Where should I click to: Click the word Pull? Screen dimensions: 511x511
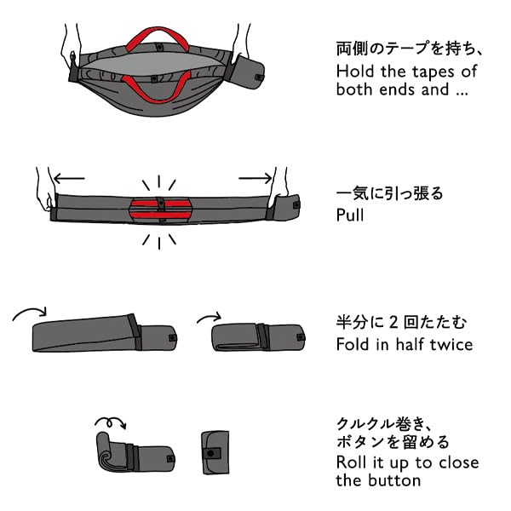pos(350,215)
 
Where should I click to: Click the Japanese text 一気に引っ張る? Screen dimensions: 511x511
pos(389,193)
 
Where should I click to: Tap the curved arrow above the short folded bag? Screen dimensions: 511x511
pos(208,317)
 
